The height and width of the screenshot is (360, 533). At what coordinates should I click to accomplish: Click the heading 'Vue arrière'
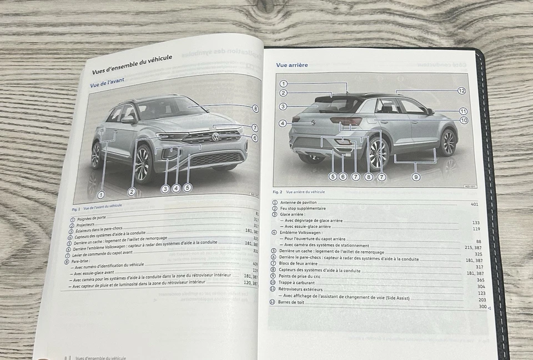[292, 65]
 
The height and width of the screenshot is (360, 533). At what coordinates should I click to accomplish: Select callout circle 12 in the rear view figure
[461, 91]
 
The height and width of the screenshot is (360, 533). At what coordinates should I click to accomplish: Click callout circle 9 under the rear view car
[416, 177]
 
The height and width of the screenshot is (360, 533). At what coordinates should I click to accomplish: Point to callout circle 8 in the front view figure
[255, 109]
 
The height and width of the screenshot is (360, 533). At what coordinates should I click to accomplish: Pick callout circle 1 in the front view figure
[100, 194]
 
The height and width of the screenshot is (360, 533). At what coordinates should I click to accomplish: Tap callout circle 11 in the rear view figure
[463, 111]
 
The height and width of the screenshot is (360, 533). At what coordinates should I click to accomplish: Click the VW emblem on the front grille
[215, 137]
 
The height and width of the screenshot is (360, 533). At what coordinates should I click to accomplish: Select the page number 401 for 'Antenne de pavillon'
[474, 204]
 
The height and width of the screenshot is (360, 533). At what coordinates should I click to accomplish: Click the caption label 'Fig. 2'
[277, 192]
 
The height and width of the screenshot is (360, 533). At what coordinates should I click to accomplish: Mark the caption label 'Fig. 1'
[76, 209]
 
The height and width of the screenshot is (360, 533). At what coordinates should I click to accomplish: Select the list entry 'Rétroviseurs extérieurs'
[302, 289]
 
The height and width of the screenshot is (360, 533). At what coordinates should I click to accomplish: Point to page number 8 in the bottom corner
[65, 358]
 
